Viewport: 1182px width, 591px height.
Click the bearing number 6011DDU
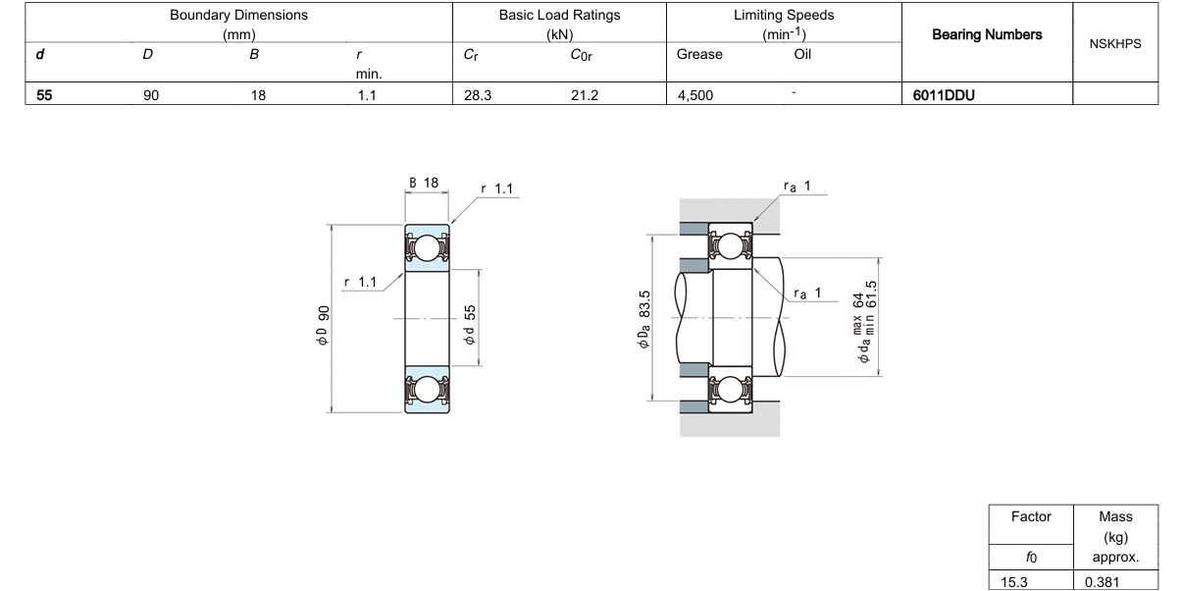(x=944, y=95)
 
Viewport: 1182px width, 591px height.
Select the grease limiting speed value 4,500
(x=694, y=95)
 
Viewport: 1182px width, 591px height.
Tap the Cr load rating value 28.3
(x=478, y=95)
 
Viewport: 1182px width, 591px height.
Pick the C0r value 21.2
(x=585, y=95)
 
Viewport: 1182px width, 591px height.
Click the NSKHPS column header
(x=1115, y=44)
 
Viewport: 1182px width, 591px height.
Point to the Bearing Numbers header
(x=987, y=35)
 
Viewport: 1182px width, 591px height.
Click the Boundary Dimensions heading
(x=238, y=15)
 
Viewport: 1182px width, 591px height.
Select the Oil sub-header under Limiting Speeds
(x=802, y=54)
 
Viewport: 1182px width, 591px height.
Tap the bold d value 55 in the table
(x=44, y=95)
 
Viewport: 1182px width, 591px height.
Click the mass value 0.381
(x=1102, y=582)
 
